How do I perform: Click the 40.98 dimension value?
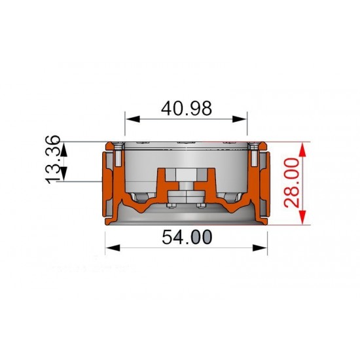186,109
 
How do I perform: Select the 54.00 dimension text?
187,237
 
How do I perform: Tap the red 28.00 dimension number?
291,183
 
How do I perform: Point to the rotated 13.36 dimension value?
52,160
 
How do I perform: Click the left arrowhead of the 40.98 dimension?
133,119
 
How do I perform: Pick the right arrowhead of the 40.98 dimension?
239,119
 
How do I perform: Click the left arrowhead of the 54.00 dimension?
113,248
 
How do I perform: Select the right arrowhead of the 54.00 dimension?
260,248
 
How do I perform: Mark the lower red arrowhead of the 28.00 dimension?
303,217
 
